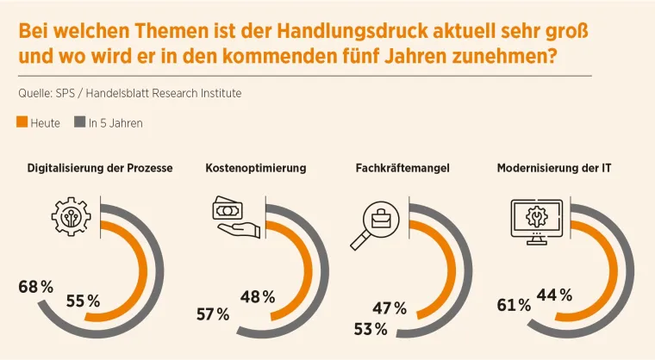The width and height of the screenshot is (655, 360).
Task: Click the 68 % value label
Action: point(36,286)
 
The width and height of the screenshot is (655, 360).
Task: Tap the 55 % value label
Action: point(83,301)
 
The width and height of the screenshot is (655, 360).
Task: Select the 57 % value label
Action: point(212,314)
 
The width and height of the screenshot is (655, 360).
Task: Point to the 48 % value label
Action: point(258,297)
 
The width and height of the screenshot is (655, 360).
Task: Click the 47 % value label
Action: point(389,308)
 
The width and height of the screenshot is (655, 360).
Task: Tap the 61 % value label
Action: point(514,305)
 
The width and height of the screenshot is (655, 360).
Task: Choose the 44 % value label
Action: point(554,295)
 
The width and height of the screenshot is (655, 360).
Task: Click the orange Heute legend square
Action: point(22,122)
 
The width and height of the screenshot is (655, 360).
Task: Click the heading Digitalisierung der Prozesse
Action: point(100,168)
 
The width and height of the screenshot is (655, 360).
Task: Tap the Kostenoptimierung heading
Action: point(256,168)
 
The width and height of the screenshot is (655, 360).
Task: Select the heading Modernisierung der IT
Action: point(554,168)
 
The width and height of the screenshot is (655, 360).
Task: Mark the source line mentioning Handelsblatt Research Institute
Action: point(129,93)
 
